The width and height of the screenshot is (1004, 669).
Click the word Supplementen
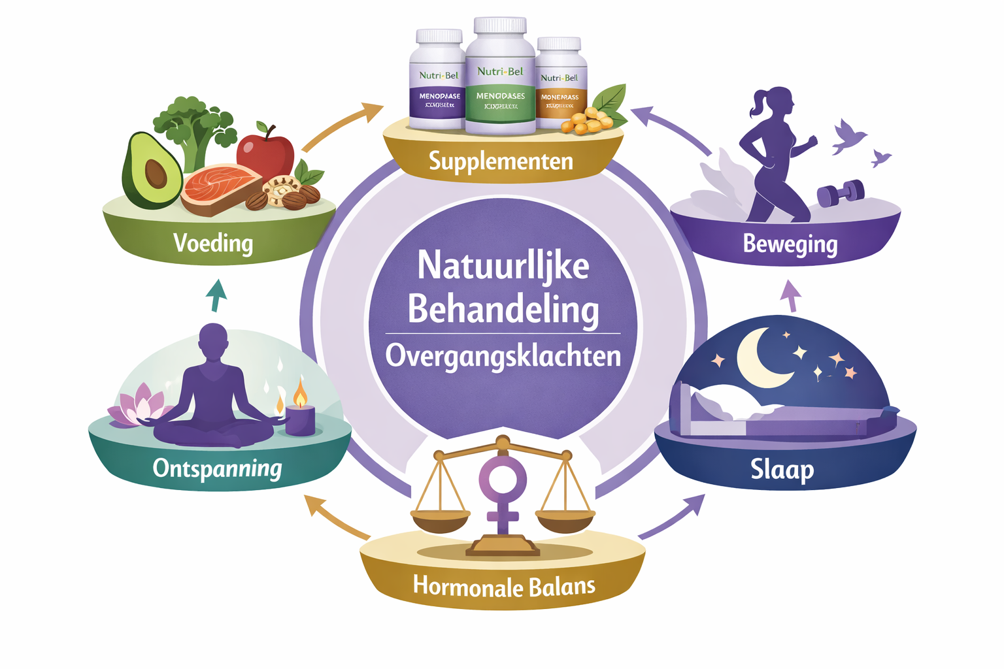coord(501,161)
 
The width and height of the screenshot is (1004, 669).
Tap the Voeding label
coord(213,243)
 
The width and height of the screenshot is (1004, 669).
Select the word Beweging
coord(790,244)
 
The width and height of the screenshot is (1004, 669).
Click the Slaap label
coord(782,469)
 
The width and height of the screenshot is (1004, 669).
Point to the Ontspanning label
coord(217,468)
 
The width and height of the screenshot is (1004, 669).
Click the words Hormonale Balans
coord(504,586)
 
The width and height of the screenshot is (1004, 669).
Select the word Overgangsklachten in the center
coord(503,357)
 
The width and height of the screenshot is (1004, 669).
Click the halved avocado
coord(152,171)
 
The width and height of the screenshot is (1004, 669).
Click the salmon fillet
coord(219,188)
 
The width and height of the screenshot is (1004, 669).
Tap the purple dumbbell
coord(841,193)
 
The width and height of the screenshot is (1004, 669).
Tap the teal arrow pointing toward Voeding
coord(216,295)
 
